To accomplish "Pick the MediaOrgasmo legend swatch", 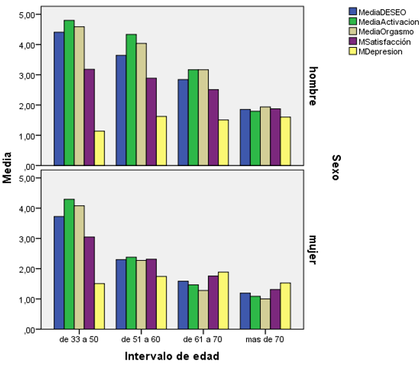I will (x=353, y=31).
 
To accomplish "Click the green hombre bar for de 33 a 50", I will (x=69, y=92).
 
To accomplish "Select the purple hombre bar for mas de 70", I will (x=275, y=137).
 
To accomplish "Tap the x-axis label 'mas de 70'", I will (x=265, y=340).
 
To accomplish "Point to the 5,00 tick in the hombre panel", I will (x=29, y=14).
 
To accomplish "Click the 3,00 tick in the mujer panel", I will (x=29, y=239).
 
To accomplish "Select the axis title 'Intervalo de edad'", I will (x=172, y=356).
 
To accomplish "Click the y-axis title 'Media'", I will (x=8, y=171).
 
